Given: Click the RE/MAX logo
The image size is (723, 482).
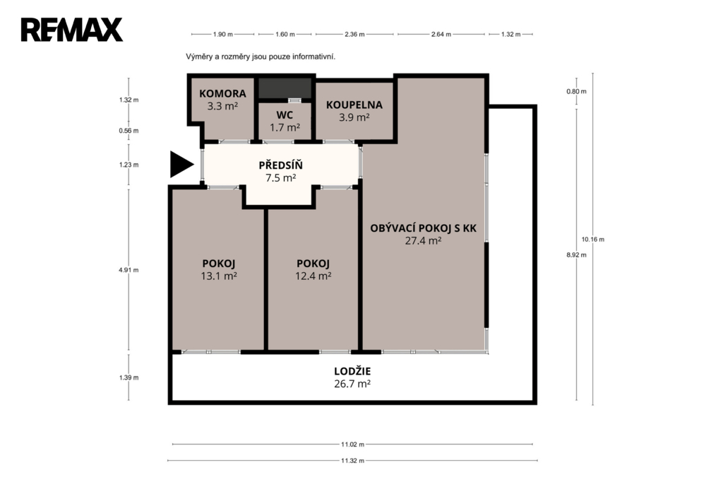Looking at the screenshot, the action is (x=71, y=30).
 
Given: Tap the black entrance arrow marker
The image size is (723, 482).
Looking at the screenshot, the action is (x=181, y=165).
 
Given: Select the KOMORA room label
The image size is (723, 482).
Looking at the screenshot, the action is (x=222, y=94).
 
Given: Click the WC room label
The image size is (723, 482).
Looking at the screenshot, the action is (x=285, y=115).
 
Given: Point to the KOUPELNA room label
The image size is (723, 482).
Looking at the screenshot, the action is (x=354, y=105).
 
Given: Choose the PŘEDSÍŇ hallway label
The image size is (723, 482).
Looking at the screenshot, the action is (x=280, y=165).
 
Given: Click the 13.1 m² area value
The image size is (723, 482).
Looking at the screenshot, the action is (x=219, y=276).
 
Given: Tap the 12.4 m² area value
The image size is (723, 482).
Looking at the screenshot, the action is (x=313, y=276).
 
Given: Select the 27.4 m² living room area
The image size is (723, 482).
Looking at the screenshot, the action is (x=424, y=240).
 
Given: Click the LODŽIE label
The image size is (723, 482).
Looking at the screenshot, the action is (x=352, y=371).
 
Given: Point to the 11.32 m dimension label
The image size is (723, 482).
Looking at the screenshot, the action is (x=353, y=460).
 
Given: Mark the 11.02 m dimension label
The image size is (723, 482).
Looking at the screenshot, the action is (x=353, y=444).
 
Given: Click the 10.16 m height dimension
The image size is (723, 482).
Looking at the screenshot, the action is (x=593, y=239).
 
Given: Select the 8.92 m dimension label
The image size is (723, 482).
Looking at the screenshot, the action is (x=576, y=255).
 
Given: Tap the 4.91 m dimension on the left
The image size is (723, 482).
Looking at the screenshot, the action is (x=129, y=270).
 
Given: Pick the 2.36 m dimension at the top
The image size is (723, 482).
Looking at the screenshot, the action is (x=354, y=34).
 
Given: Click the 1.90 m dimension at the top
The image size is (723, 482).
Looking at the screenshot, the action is (x=222, y=34).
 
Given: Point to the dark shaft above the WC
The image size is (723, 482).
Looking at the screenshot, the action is (x=284, y=88).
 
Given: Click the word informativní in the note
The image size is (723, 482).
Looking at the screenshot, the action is (x=313, y=57).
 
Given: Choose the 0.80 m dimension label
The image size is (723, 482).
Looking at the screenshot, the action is (x=576, y=91).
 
